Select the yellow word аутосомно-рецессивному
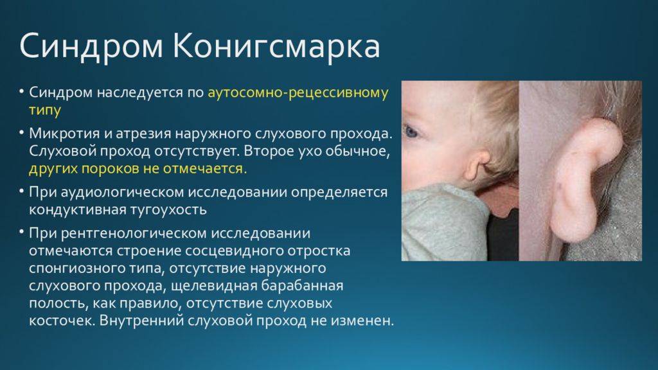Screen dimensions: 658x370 point(298,93)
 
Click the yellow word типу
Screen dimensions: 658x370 point(45,110)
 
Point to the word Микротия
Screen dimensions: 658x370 point(65,134)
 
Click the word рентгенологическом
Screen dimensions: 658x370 point(134,233)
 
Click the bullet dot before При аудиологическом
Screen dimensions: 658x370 point(21,191)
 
